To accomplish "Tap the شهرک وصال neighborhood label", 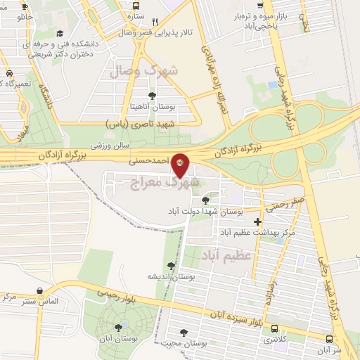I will coord(144,70).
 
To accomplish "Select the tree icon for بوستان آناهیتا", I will coord(151,95).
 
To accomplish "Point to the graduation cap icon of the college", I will coord(60,33).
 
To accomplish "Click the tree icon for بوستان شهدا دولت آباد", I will coord(205,200).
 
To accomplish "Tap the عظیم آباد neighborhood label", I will coord(226,254).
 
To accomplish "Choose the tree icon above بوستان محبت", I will coord(184,333).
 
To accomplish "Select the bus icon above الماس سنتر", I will coord(39,289).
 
